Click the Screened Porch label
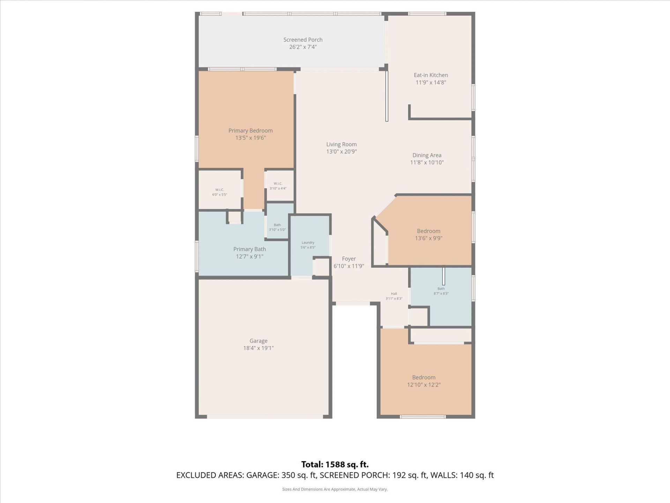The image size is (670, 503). pos(303,40)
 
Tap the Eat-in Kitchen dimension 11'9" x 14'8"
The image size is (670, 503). pos(431,82)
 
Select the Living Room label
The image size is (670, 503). pos(341,144)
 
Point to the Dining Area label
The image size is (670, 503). pos(426,155)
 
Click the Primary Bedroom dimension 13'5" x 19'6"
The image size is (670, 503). pos(250,138)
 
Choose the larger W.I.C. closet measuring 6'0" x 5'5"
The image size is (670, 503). pos(219,192)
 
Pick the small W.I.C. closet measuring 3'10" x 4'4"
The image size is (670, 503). pos(278,186)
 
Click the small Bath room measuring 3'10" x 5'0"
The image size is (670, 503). pos(277,227)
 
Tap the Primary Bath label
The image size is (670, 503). pos(250,249)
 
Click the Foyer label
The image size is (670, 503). pos(349,258)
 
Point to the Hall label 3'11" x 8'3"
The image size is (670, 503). pos(394,296)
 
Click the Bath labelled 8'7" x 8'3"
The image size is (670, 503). pos(441,291)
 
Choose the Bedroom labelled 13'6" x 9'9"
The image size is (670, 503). pos(428,234)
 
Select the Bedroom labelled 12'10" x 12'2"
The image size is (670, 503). pos(424,381)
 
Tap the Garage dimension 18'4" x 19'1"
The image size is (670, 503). pos(258,348)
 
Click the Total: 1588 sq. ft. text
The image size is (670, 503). pos(335,464)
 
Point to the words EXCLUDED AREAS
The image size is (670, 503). pos(209,475)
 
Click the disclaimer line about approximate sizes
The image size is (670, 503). pos(335,489)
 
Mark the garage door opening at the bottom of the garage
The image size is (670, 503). pos(265,416)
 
